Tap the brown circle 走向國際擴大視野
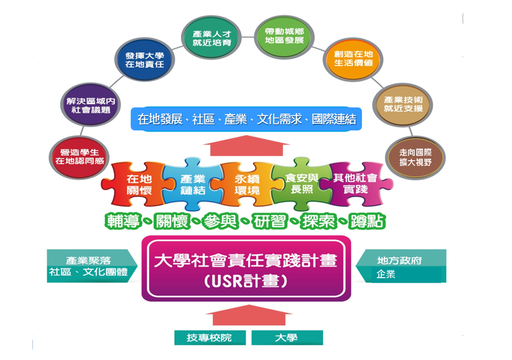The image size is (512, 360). coord(415,156)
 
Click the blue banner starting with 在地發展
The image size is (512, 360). coord(246,119)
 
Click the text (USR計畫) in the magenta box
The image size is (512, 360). coord(246,281)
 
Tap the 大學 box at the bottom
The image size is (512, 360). coord(286,338)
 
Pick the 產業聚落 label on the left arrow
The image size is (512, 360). coord(89,261)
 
